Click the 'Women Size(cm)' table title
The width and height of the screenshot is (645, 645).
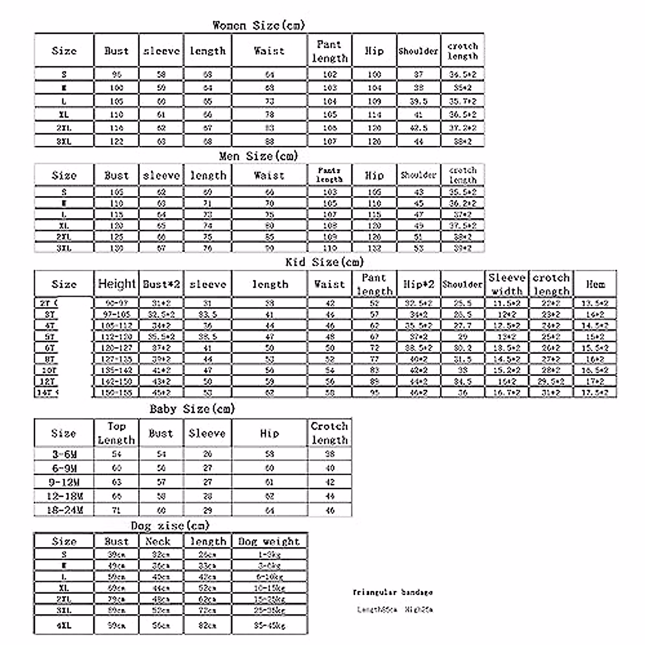(x=259, y=25)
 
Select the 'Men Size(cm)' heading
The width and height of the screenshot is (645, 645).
(x=258, y=156)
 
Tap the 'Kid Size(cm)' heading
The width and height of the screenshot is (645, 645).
(x=324, y=262)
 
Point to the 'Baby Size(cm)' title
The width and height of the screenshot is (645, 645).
(x=192, y=409)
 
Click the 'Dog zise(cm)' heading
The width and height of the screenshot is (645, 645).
(x=170, y=525)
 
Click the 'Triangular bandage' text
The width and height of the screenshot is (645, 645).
(x=392, y=592)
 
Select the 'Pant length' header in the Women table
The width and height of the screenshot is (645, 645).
(x=329, y=51)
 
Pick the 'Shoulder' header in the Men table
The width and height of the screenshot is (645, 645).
(x=419, y=175)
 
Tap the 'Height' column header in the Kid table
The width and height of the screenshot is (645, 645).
(x=117, y=284)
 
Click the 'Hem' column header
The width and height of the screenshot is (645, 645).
(x=595, y=284)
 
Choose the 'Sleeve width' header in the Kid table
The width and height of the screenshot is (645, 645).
(x=506, y=284)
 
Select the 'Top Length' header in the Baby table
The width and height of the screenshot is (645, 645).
(x=116, y=433)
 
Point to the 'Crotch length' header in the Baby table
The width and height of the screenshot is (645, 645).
(x=329, y=433)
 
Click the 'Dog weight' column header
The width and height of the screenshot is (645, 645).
(x=269, y=541)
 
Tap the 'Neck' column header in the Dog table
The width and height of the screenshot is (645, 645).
(x=158, y=541)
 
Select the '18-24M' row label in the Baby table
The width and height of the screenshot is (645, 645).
(x=64, y=510)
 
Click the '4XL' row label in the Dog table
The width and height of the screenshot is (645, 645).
(x=64, y=626)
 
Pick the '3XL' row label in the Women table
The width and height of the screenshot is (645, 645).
(x=64, y=141)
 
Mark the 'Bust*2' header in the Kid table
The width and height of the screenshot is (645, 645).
(x=161, y=284)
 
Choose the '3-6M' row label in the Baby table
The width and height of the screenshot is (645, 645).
(x=64, y=454)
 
